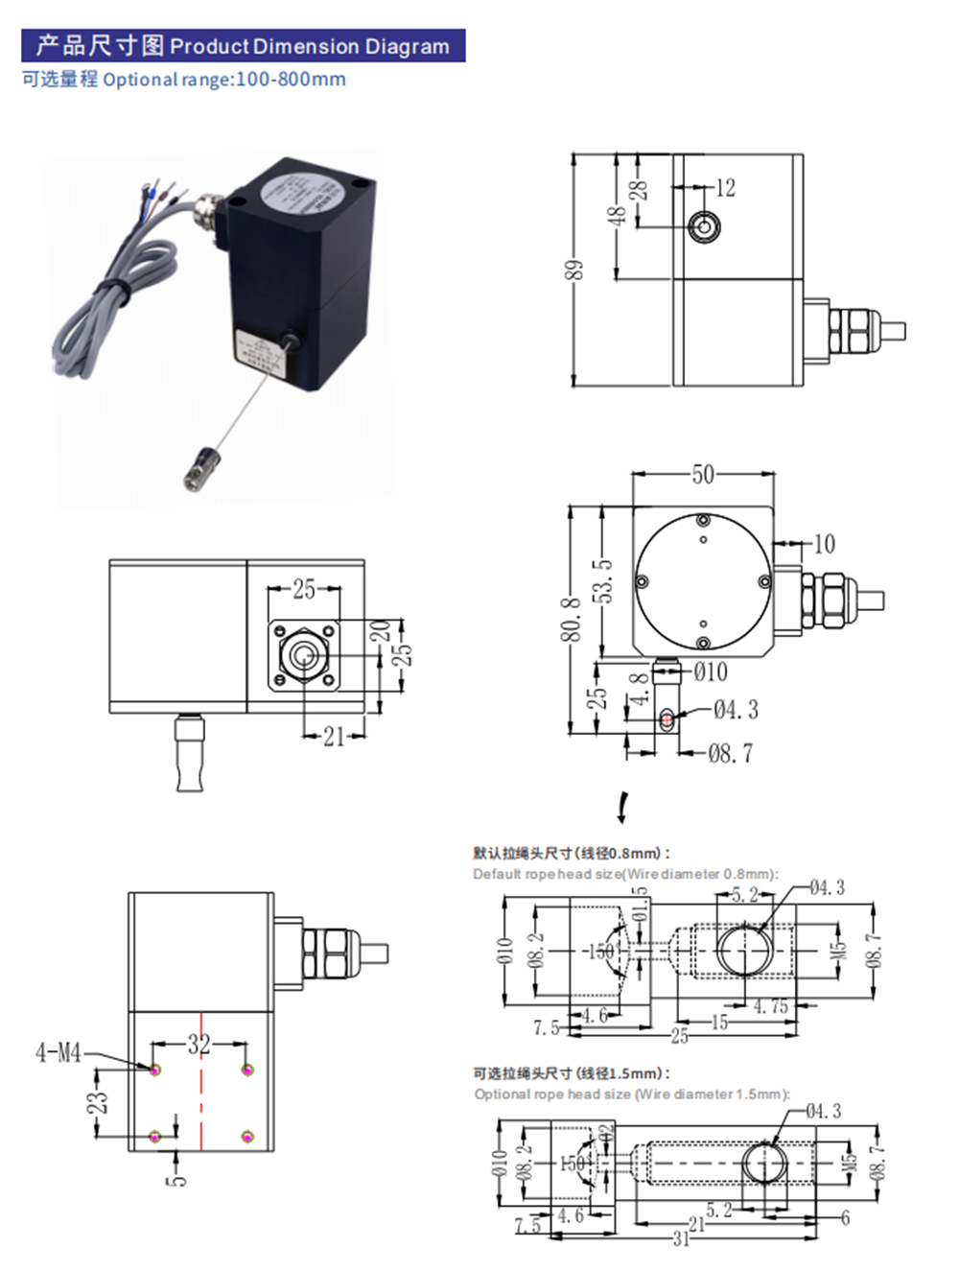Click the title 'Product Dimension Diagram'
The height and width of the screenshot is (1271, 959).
click(309, 46)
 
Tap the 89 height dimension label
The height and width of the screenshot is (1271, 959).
click(573, 271)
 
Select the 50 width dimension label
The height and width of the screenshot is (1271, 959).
click(703, 475)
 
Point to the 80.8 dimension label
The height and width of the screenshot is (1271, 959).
click(571, 620)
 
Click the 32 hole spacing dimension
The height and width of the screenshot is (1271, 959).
click(199, 1044)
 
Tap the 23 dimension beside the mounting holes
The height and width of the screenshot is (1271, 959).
click(98, 1103)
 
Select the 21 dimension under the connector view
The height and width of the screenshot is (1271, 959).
click(333, 737)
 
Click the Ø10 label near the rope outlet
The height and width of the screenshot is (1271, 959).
click(710, 672)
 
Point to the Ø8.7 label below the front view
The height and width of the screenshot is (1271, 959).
click(730, 754)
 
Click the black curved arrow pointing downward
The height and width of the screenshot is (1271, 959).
click(623, 808)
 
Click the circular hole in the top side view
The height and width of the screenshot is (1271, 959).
click(704, 227)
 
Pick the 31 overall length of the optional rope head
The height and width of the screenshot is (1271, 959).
click(680, 1238)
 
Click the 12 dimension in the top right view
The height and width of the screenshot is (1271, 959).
click(726, 188)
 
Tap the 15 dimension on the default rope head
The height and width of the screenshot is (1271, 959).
click(719, 1023)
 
